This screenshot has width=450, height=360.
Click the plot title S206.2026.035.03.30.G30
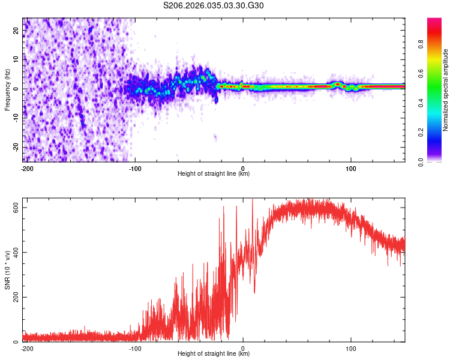coord(214,6)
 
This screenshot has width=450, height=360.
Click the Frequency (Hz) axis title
coord(7,89)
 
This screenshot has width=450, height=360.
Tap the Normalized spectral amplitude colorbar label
coord(446,89)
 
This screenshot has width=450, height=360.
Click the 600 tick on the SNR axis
coord(16,208)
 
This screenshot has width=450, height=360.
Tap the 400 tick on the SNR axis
coord(16,253)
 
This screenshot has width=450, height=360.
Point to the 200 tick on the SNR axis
coord(16,297)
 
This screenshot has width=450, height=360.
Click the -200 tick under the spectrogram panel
coord(26,167)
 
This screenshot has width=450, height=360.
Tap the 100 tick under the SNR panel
coord(351,347)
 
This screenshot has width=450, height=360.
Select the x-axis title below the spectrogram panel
coord(214,173)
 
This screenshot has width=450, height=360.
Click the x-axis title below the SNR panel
coord(214,354)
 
